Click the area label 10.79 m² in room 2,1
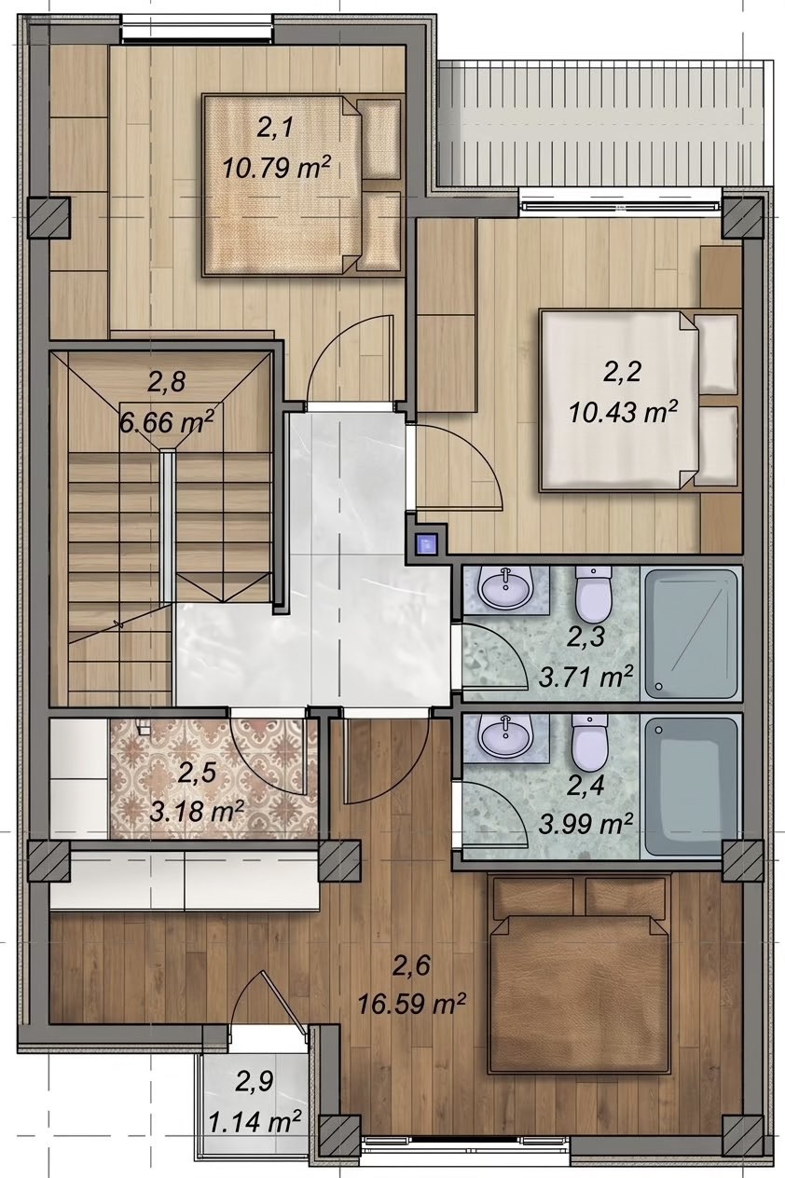(x=277, y=169)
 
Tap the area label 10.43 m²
(x=622, y=411)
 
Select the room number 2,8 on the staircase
(x=166, y=382)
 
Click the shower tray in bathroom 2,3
(x=690, y=633)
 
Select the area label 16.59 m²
(x=412, y=1005)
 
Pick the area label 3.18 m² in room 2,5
(x=197, y=813)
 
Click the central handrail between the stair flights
(x=166, y=526)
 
